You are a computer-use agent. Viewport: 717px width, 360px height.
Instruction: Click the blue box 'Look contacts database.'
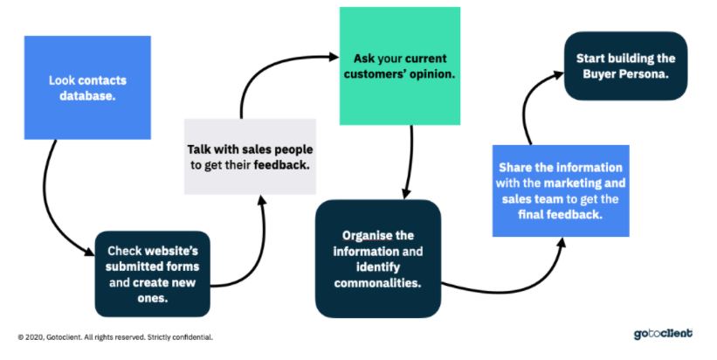(x=87, y=87)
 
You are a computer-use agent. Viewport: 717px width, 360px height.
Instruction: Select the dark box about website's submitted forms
(x=152, y=273)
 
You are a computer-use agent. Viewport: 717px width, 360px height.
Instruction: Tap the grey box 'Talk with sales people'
(x=250, y=156)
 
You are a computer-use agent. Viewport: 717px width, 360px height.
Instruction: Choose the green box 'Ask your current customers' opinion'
(x=400, y=66)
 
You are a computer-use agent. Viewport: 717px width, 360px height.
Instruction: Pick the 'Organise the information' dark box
(x=378, y=259)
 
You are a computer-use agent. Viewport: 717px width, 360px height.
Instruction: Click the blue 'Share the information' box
(x=561, y=190)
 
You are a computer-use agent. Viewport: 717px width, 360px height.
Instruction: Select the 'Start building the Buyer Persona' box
(x=625, y=66)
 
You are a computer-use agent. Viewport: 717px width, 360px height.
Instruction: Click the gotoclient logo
(x=663, y=334)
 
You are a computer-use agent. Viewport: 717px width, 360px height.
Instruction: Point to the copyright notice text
(x=115, y=337)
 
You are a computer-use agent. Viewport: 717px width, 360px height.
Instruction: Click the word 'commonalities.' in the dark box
(x=377, y=283)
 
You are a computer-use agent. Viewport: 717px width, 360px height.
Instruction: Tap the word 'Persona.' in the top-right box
(x=648, y=74)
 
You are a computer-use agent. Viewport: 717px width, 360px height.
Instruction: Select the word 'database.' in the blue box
(x=87, y=95)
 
